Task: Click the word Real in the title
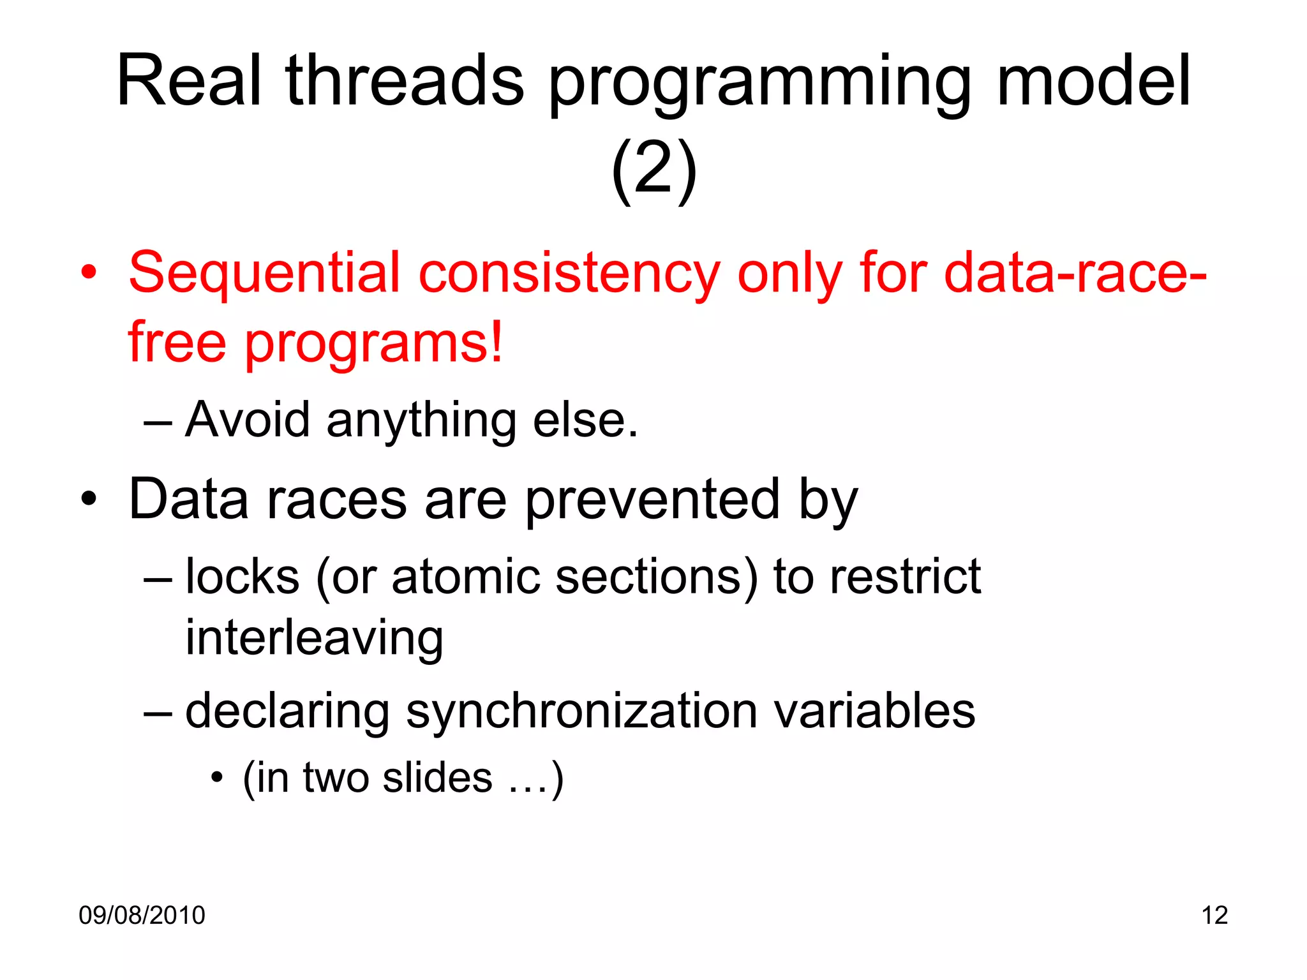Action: [x=189, y=81]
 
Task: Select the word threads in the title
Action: [x=405, y=81]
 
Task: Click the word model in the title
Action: [x=1093, y=81]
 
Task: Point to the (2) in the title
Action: [x=653, y=169]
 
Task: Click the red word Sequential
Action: [x=264, y=273]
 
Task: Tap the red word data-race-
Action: [x=1075, y=273]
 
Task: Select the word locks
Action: [x=243, y=577]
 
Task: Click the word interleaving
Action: [x=314, y=638]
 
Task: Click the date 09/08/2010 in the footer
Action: [x=142, y=916]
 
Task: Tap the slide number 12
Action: [x=1214, y=916]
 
